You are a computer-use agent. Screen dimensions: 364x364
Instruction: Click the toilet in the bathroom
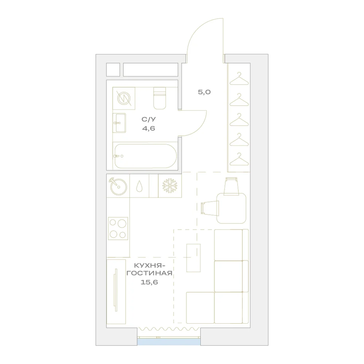coord(160,98)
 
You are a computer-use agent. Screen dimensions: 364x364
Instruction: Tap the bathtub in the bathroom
coord(146,156)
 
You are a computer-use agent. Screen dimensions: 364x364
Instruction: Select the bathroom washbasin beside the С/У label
coord(119,123)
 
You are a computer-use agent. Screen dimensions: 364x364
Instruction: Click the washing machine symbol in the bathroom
coord(124,98)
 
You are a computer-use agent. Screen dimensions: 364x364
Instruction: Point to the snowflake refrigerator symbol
coord(170,186)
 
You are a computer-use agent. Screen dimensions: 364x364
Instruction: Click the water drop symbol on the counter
coord(139,186)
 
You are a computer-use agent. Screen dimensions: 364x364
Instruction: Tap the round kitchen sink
coord(118,186)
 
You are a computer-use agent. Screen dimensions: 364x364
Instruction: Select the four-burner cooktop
coord(118,229)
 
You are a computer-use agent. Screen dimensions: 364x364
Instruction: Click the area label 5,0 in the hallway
coord(204,92)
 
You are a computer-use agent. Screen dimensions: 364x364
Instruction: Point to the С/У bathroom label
coord(149,119)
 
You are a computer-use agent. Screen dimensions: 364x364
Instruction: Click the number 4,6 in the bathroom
coord(149,128)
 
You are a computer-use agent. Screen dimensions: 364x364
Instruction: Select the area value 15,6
coord(149,282)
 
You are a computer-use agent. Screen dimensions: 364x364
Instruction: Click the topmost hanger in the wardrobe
coord(239,79)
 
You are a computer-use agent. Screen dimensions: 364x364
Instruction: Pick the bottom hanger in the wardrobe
coord(239,159)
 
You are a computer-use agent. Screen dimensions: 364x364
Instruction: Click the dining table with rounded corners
coord(231,208)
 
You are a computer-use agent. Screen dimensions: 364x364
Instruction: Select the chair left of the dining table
coord(209,208)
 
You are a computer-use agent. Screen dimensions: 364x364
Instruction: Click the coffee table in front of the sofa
coord(193,258)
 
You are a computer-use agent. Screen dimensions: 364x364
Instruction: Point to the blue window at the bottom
coord(169,342)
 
